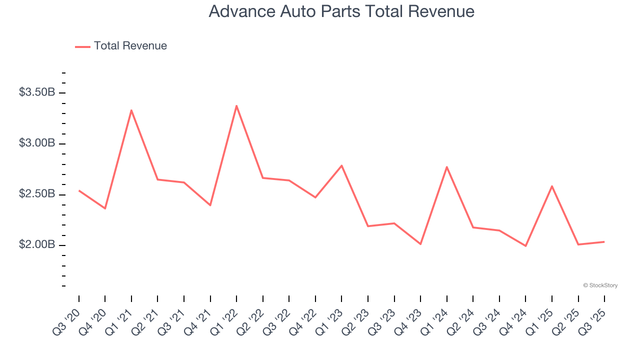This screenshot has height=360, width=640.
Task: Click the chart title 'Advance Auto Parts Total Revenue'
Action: (x=341, y=11)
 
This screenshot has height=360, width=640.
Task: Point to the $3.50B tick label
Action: (x=37, y=92)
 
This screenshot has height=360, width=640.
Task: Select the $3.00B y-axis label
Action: (x=37, y=143)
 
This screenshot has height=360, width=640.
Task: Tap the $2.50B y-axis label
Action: (x=37, y=194)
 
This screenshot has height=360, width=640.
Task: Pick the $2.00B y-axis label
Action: (x=37, y=245)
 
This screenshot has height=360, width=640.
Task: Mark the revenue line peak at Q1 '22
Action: (x=236, y=105)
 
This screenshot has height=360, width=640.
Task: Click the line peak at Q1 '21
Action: (x=131, y=110)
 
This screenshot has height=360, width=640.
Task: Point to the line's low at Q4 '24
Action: (x=525, y=246)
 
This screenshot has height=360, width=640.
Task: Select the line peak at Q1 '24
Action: (x=446, y=166)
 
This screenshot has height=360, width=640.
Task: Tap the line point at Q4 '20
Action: (x=105, y=208)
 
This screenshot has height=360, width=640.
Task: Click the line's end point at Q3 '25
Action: (x=604, y=242)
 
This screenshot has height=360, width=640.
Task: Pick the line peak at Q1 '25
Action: (x=552, y=186)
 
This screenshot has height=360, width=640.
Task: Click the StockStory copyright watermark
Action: (x=600, y=285)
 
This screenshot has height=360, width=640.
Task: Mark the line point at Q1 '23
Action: (x=341, y=165)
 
